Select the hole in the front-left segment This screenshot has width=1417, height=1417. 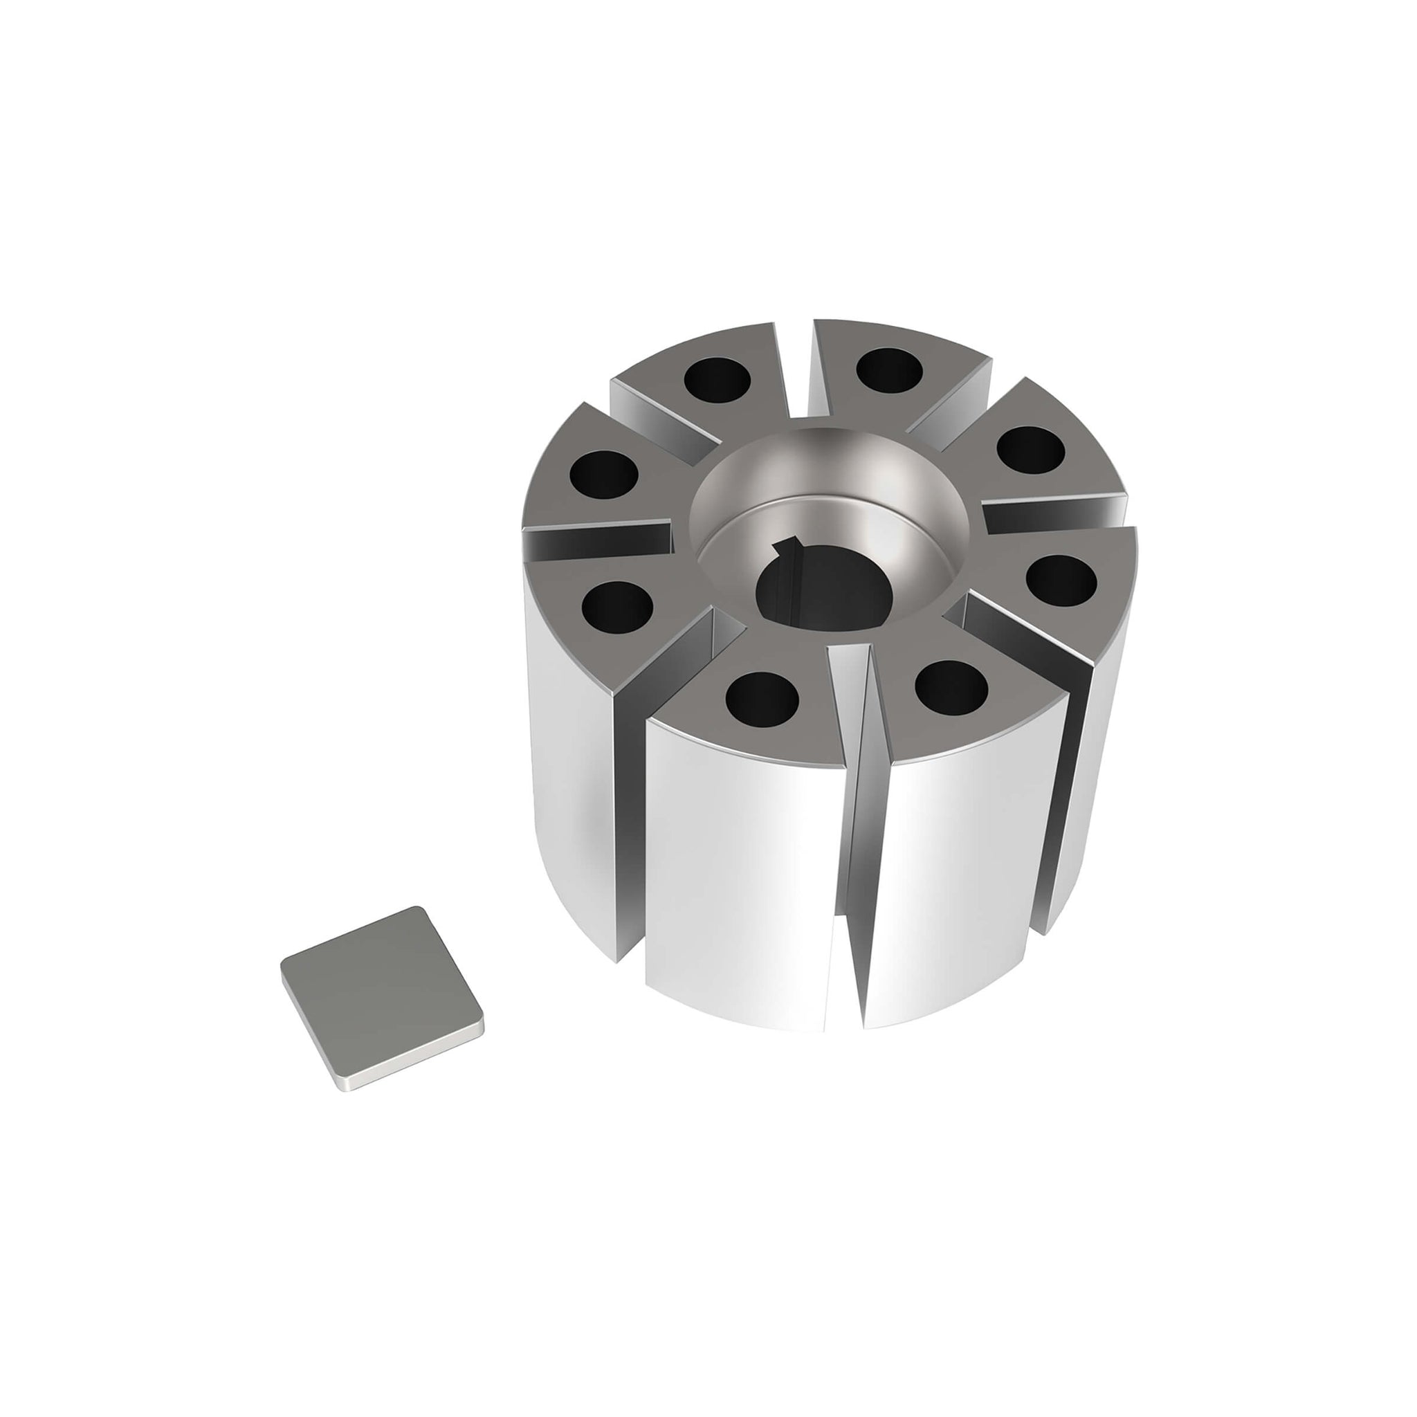click(x=761, y=696)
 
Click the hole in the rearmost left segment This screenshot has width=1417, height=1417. click(x=717, y=379)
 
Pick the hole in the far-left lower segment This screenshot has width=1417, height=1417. click(x=616, y=607)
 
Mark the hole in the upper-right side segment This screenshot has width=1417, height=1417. click(x=1031, y=448)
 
